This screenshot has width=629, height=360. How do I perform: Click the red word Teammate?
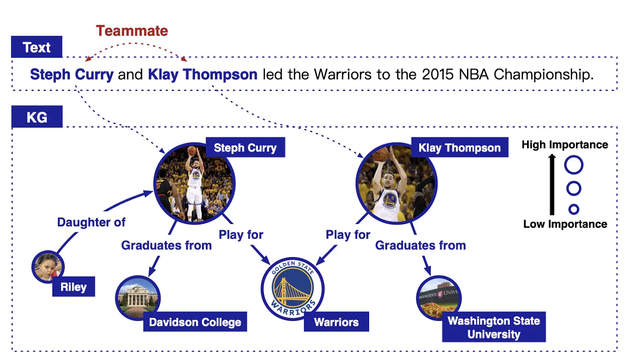click(x=132, y=31)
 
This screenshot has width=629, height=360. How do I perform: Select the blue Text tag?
click(x=37, y=47)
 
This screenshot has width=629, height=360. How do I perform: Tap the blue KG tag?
click(x=37, y=117)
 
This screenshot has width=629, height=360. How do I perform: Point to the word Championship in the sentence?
click(x=543, y=75)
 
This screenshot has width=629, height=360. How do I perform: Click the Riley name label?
click(x=73, y=287)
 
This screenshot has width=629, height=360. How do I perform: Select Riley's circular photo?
click(x=48, y=267)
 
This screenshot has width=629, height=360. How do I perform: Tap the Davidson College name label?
click(x=195, y=322)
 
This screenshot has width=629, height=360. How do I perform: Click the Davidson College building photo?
click(x=138, y=298)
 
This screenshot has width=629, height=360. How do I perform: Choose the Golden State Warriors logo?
click(x=293, y=289)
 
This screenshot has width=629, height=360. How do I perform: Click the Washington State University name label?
click(x=494, y=327)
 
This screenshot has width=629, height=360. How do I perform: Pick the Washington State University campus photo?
click(x=439, y=298)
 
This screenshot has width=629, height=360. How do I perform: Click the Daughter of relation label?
click(x=91, y=222)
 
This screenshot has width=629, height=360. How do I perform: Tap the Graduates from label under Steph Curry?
click(x=166, y=245)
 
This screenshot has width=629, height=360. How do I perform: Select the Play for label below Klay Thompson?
click(x=348, y=235)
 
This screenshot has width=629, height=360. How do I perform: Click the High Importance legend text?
click(x=565, y=145)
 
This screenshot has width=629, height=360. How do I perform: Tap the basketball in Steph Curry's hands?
click(x=192, y=151)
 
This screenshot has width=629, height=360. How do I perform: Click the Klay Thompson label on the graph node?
click(x=460, y=147)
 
